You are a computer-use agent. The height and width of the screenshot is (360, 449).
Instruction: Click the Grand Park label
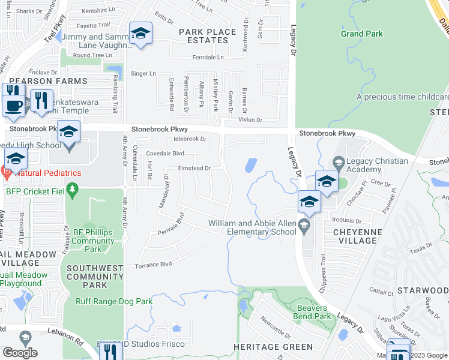[361, 34]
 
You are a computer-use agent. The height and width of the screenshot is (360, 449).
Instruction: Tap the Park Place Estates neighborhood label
[203, 35]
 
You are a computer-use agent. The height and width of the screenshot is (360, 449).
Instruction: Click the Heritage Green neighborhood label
[273, 347]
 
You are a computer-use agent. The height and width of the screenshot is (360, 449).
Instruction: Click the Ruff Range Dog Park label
[113, 302]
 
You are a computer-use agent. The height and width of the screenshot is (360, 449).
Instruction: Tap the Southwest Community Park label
[95, 277]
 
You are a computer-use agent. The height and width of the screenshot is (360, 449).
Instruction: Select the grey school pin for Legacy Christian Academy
[339, 161]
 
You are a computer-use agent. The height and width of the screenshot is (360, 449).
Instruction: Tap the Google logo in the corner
[20, 353]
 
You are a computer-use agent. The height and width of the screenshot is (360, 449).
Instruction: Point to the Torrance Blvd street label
[153, 264]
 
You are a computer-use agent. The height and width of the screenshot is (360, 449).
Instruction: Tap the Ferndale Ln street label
[208, 58]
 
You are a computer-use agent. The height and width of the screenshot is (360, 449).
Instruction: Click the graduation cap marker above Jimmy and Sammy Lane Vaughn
[140, 34]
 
